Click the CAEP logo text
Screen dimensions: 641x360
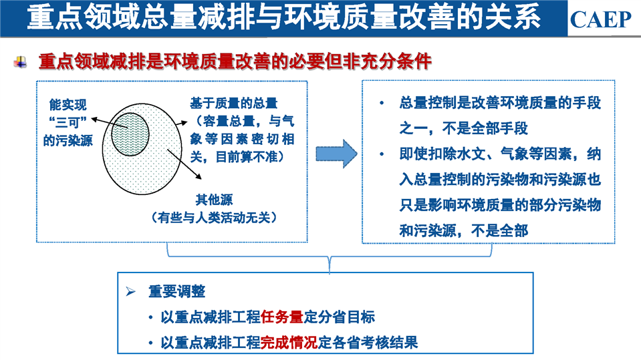(600, 19)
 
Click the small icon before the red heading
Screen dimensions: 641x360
(20, 62)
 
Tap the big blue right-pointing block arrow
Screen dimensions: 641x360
(336, 154)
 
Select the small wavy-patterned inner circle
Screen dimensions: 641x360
(130, 134)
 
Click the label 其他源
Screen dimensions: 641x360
(214, 200)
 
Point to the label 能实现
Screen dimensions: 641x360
(68, 105)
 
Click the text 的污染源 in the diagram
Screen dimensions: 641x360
(68, 140)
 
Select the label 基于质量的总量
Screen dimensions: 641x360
(233, 103)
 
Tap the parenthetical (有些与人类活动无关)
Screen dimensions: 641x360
(214, 218)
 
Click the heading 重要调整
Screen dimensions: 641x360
(176, 291)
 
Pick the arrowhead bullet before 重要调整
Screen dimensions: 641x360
(131, 291)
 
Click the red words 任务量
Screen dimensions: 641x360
(281, 317)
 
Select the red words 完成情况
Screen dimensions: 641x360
(289, 343)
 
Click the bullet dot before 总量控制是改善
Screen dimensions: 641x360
(382, 103)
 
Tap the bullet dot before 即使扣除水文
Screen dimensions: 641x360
(382, 154)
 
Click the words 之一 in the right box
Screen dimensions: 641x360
(413, 128)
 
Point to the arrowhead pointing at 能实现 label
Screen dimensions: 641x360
(94, 120)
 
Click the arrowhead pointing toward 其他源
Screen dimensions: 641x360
(199, 176)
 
